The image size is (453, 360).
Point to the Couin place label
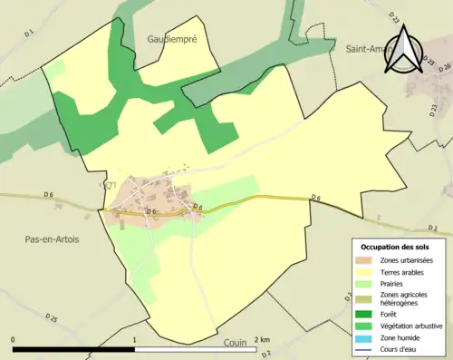[x=236, y=345]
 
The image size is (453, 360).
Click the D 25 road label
[x=52, y=319]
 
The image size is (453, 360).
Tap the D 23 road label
[x=395, y=17]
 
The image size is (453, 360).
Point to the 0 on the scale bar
[x=13, y=340]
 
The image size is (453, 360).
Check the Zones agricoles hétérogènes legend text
[x=405, y=299]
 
